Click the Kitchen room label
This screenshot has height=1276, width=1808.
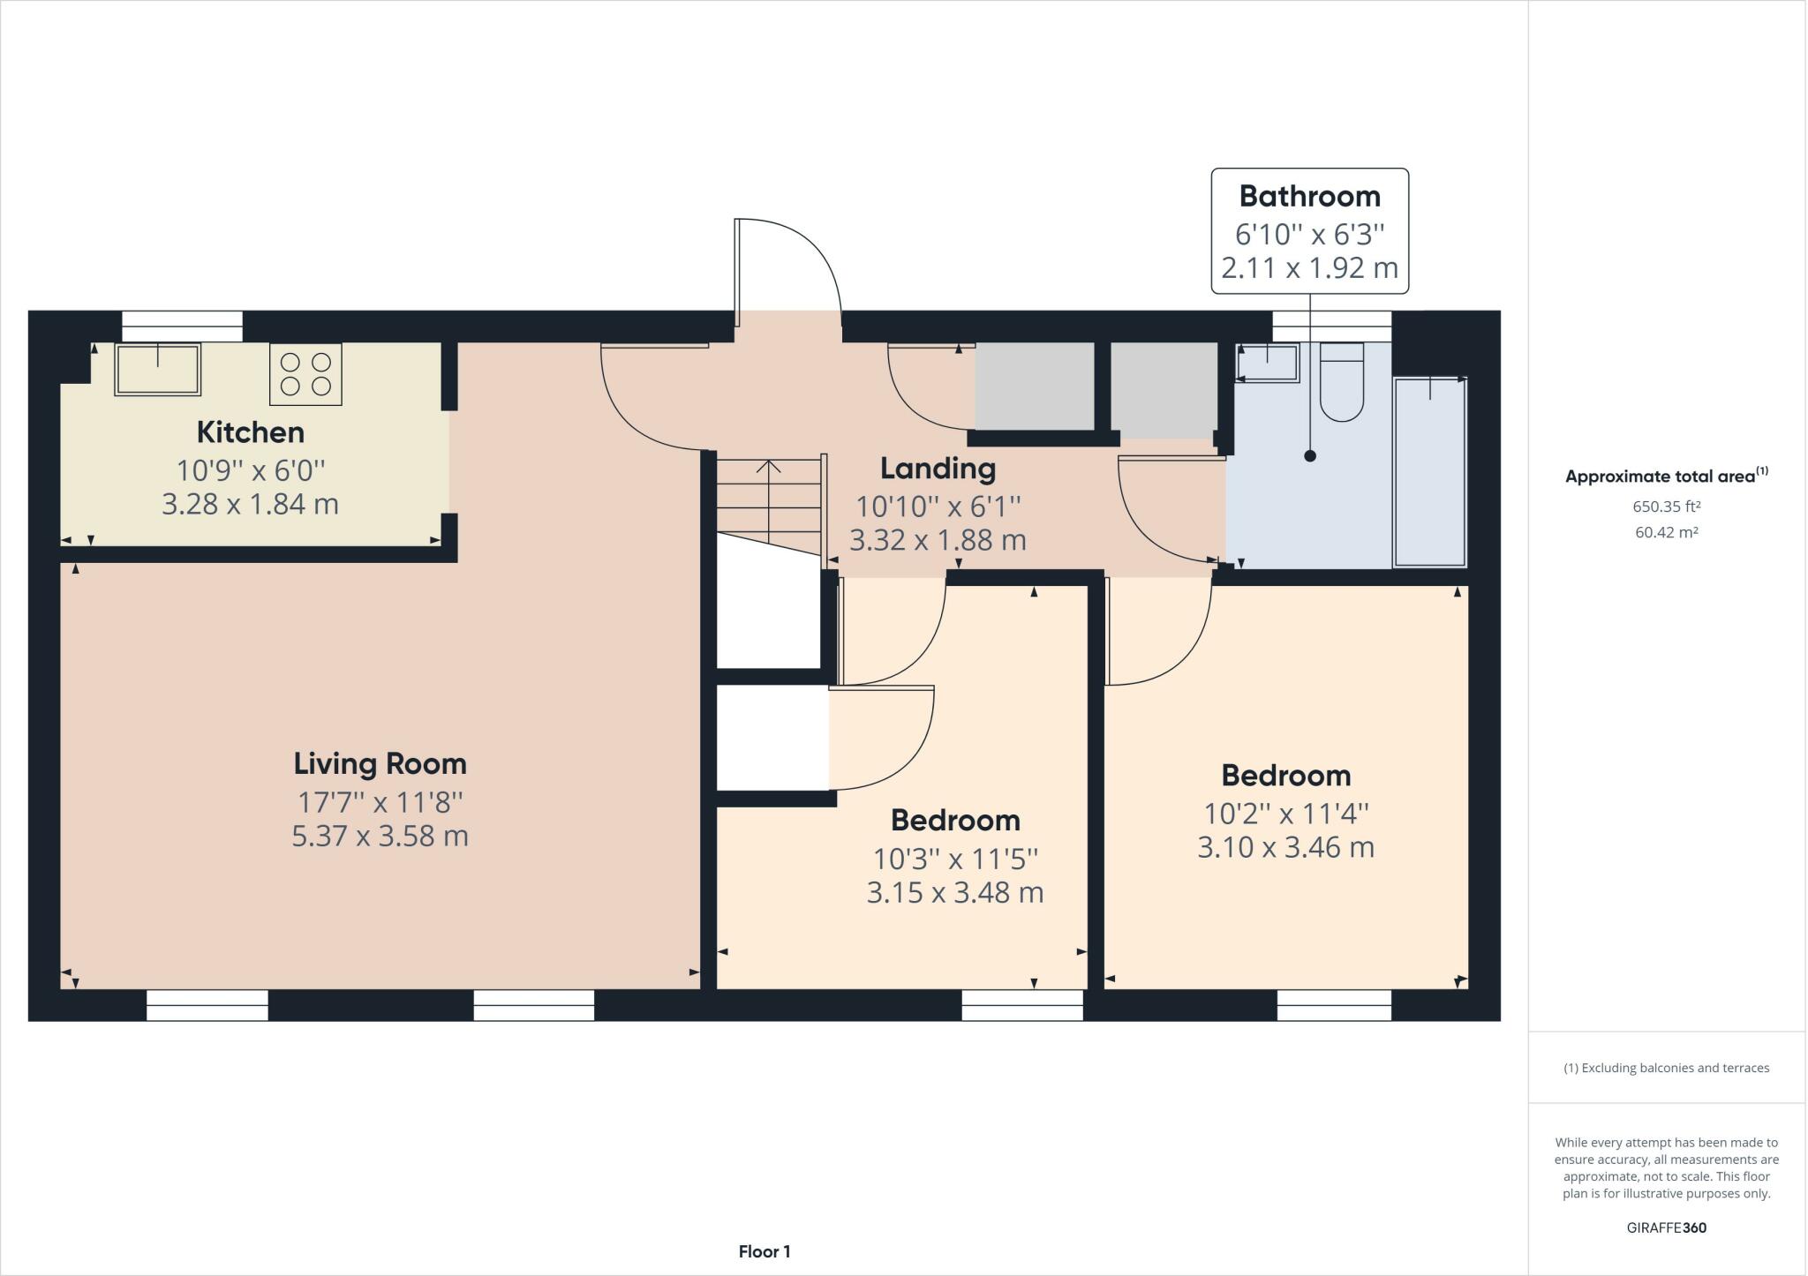[251, 432]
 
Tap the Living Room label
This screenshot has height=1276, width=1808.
[380, 763]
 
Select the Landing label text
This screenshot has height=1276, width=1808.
[938, 469]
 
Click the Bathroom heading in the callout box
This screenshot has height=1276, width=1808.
[1310, 196]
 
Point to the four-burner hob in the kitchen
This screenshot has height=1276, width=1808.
[305, 374]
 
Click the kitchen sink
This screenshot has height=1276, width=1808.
[158, 369]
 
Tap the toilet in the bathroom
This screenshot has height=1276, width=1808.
[1342, 381]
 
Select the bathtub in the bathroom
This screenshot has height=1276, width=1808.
[1430, 472]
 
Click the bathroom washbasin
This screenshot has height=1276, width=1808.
[1269, 363]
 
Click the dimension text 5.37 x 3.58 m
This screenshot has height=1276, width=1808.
[380, 836]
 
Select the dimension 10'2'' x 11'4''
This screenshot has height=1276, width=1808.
[1286, 812]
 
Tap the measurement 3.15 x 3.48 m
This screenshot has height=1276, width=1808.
[955, 893]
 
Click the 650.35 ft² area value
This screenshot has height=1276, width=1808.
[1667, 507]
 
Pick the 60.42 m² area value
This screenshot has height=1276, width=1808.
[1667, 532]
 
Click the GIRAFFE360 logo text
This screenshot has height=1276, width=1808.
[1667, 1227]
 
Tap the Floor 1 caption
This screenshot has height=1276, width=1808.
[765, 1251]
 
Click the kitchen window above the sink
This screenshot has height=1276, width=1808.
[182, 327]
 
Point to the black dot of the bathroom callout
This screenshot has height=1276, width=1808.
[1310, 456]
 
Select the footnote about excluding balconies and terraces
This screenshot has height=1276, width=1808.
[1667, 1068]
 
